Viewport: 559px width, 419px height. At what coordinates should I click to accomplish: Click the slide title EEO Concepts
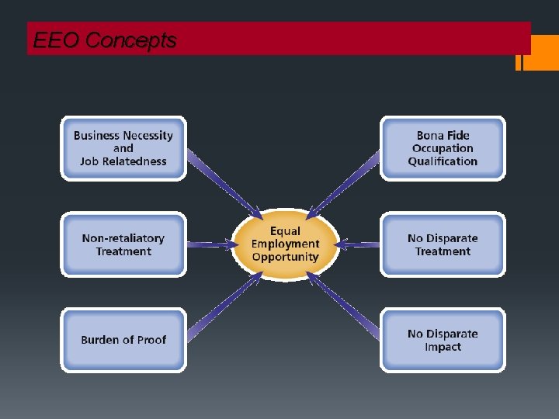(x=105, y=40)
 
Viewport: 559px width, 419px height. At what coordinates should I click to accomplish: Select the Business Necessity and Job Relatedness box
(x=123, y=148)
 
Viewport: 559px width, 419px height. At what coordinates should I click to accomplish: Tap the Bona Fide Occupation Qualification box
(x=443, y=148)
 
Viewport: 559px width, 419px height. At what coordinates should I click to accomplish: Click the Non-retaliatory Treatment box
(x=123, y=244)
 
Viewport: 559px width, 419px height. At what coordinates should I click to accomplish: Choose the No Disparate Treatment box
(x=443, y=244)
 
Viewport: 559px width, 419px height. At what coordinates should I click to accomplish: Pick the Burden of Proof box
(x=123, y=340)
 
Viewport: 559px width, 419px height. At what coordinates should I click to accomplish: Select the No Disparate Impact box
(x=443, y=340)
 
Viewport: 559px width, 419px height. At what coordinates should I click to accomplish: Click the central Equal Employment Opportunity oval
(x=285, y=244)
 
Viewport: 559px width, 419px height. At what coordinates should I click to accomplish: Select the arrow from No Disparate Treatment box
(x=359, y=244)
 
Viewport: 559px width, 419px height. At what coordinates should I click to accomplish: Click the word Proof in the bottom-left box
(x=149, y=340)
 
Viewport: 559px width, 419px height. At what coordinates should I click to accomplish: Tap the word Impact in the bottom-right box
(x=443, y=347)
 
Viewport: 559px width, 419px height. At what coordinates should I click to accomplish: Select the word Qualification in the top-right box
(x=443, y=161)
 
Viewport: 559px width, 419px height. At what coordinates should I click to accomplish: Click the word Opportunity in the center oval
(x=285, y=258)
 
